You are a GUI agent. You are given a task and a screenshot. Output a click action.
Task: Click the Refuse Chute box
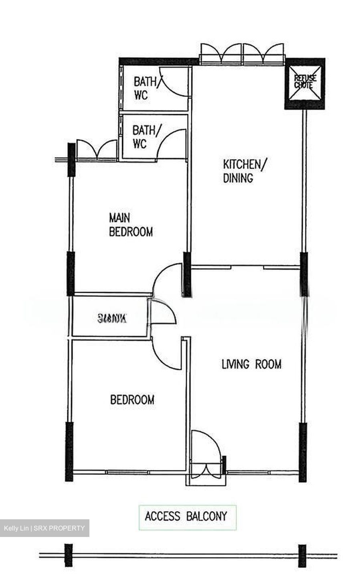coord(305,83)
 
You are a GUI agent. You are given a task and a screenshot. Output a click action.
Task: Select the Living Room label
coord(251,364)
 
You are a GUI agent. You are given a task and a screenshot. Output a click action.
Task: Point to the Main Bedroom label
coord(131,225)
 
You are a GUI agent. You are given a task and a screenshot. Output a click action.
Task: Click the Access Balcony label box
coord(187,517)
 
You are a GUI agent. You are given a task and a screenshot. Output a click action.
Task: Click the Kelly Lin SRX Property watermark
coord(44,528)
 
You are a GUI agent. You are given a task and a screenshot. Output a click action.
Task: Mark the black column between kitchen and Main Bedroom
coord(187,274)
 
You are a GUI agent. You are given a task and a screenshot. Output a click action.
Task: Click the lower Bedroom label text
coord(132,400)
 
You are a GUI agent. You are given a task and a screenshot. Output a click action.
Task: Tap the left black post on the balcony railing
coord(69,555)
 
